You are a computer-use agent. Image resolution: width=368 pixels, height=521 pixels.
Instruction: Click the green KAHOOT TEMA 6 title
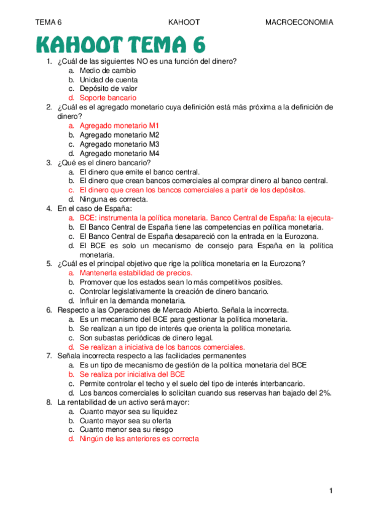tap(120, 44)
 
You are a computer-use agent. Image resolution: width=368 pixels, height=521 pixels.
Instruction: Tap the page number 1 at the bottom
tap(331, 490)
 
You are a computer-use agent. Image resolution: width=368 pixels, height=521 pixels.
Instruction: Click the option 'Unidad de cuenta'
tap(109, 79)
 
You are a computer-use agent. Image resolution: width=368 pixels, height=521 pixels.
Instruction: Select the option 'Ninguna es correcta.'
tap(114, 199)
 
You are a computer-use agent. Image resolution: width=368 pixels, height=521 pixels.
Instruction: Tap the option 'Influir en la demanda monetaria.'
tap(132, 300)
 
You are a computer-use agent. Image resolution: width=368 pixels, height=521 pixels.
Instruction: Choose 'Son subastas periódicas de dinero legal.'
tap(146, 337)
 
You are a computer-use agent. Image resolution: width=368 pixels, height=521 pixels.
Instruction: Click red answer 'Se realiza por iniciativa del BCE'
tap(132, 374)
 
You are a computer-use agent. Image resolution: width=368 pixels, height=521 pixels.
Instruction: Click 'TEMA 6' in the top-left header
tap(49, 22)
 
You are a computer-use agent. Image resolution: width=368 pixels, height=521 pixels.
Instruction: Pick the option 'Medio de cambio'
tap(108, 70)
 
